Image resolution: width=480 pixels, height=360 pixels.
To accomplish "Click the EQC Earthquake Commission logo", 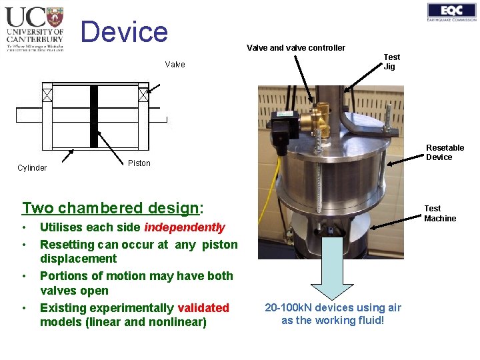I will coord(451,12).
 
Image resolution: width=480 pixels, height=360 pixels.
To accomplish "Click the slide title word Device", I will coord(125,31).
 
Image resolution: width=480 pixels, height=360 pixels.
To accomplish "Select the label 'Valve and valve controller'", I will coord(296,47).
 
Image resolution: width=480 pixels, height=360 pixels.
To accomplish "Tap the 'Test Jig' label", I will coord(391,61).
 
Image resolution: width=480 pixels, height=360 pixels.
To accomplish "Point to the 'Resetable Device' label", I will coord(445,152).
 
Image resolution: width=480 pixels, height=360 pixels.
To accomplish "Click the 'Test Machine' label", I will coord(440,213).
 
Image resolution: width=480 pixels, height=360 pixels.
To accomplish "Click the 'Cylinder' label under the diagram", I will coord(32,168).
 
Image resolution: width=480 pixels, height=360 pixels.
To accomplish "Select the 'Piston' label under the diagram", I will coord(139,163).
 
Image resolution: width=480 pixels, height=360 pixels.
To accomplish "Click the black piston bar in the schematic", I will coord(94,117).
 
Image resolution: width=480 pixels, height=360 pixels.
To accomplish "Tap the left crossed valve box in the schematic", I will coord(47,95).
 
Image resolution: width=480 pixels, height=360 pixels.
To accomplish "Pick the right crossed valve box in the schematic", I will coord(143,95).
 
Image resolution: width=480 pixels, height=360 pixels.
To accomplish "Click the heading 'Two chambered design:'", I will coord(112,208).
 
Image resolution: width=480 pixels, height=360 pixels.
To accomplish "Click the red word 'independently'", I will coord(185,227).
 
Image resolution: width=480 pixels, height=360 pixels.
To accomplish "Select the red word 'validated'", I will coord(203,308).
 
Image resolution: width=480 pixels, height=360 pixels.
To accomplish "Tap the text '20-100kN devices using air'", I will coord(333,307).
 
